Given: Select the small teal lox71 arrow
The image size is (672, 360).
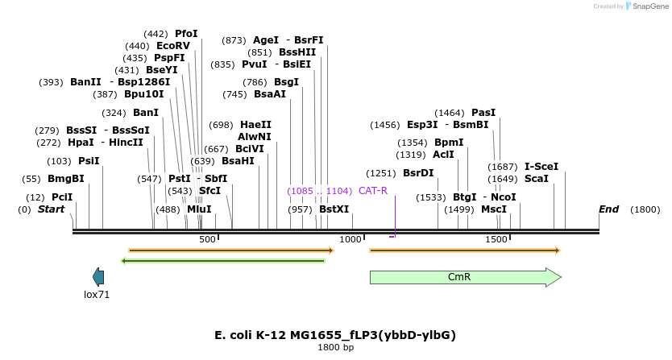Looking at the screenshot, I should point(98,277).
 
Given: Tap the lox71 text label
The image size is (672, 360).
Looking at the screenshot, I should point(97,295).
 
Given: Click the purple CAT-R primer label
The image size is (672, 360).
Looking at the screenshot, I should point(373,191).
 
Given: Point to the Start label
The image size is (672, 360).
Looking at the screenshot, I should point(52,209).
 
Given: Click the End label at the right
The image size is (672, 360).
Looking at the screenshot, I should point(608,209).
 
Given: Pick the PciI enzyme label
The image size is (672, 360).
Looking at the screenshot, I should point(61,197).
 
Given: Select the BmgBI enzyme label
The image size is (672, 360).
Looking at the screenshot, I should point(65,179).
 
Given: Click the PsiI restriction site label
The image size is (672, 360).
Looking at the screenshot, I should point(89,161).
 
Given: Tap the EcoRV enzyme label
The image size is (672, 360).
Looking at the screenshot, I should point(173,46).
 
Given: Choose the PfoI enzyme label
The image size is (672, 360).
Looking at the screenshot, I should point(186,34).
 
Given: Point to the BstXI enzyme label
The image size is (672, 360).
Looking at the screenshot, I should point(334,209).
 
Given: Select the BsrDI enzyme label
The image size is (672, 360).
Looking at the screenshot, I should point(418,173).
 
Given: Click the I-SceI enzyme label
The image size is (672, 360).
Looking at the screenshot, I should point(541,167).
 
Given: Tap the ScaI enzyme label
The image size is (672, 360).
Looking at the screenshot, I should point(537,179).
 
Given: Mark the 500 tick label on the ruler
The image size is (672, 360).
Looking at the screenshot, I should point(207,240).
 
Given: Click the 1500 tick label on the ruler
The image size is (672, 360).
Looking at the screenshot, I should point(495,240).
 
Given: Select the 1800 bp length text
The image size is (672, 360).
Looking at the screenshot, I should point(335,348).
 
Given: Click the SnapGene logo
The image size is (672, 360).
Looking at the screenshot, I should point(645,6).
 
